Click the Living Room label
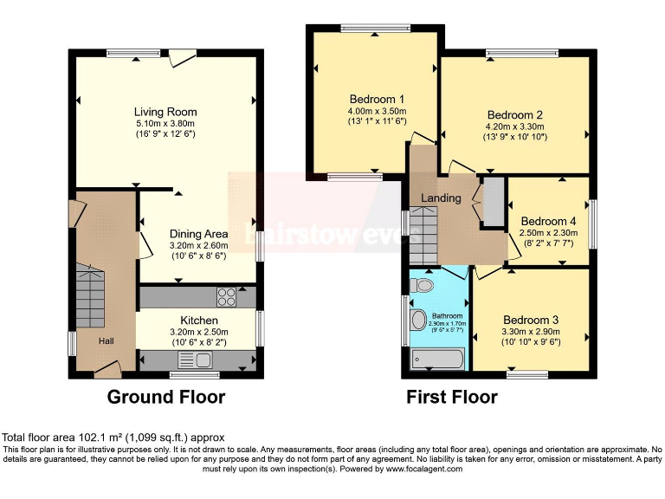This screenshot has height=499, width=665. [165, 112]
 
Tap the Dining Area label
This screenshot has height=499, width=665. [198, 234]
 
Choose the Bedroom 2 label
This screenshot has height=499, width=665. [514, 115]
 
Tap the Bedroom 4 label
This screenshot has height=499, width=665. [547, 221]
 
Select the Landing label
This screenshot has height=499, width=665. [441, 198]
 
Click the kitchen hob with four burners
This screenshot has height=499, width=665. [227, 296]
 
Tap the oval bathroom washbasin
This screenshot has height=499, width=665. [418, 321]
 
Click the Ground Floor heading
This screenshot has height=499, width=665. [166, 398]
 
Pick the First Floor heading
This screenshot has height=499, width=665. [452, 398]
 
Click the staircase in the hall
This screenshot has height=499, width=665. [90, 286]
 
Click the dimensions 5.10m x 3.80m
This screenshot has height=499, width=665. [165, 123]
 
